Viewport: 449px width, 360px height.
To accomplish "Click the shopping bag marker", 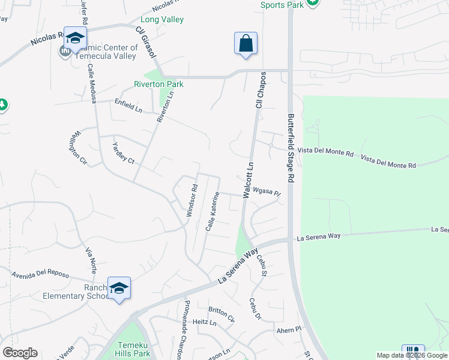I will tap(246, 44).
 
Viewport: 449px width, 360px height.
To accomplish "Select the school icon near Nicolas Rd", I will tap(76, 38).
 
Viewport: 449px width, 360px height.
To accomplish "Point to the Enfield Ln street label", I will tap(128, 106).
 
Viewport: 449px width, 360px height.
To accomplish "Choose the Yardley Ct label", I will tap(124, 152).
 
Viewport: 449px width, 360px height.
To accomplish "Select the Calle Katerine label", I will tap(211, 212).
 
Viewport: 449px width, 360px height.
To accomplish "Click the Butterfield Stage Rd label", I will tap(291, 148).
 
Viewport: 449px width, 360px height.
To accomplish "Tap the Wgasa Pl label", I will tap(267, 193).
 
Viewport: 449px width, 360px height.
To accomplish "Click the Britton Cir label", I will tap(221, 313).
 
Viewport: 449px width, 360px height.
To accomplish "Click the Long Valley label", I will tap(163, 20).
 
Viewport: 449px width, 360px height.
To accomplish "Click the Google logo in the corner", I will tap(20, 353).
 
